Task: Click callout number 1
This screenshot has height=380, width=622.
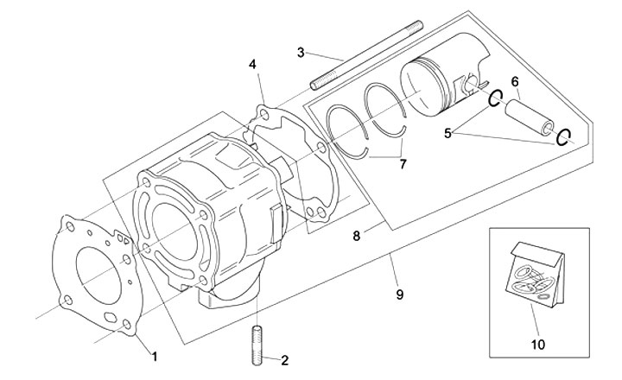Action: (155, 355)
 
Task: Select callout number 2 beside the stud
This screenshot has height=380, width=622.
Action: (284, 360)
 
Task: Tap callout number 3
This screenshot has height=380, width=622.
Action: (300, 53)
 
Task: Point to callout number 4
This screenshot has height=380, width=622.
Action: (253, 65)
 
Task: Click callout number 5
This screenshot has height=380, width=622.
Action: (448, 133)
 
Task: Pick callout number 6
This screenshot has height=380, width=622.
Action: (515, 83)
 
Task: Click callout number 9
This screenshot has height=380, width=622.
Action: (399, 294)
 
